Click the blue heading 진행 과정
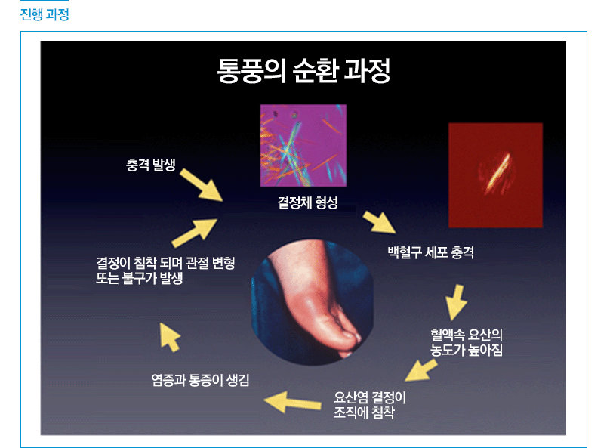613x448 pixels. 45,15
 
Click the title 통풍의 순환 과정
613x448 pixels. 303,70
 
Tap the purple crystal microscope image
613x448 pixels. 303,146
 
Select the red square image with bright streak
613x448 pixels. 495,175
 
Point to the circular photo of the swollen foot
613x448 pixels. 312,302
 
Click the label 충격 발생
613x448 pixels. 151,165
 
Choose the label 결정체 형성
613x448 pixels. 308,202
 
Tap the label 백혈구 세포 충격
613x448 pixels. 431,252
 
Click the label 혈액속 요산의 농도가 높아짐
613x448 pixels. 467,342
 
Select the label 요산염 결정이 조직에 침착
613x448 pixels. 370,405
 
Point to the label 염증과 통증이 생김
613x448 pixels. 200,380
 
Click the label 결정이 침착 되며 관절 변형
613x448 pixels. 165,263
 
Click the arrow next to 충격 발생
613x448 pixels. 202,185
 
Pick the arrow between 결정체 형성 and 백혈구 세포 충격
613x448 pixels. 379,222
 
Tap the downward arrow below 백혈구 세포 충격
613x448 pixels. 456,302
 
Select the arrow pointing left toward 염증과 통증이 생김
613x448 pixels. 293,402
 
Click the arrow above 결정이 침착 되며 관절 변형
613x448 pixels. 195,233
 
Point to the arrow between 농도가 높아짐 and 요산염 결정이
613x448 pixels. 421,370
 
